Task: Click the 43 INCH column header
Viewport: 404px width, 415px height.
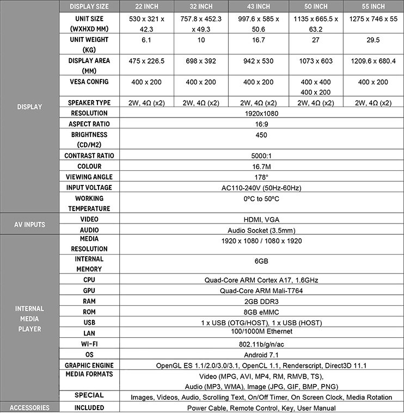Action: (255, 7)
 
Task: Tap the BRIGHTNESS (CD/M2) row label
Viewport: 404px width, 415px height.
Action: (89, 140)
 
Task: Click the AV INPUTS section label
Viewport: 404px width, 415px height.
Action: (29, 225)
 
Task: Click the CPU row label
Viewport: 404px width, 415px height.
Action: (89, 280)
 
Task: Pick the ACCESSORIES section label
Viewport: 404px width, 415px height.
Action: (29, 408)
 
